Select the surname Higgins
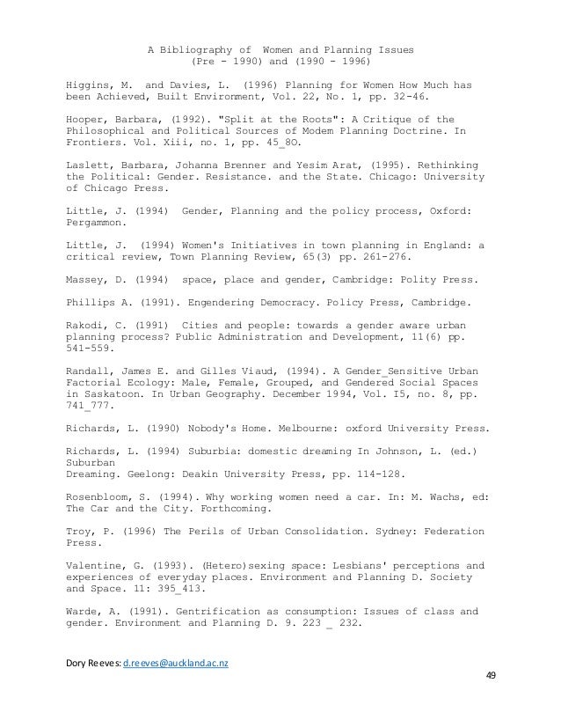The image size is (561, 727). click(89, 85)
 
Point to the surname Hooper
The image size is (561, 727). click(85, 120)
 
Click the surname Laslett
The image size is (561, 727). click(89, 165)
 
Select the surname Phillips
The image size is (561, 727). click(91, 302)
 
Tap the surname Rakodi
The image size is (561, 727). click(85, 325)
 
